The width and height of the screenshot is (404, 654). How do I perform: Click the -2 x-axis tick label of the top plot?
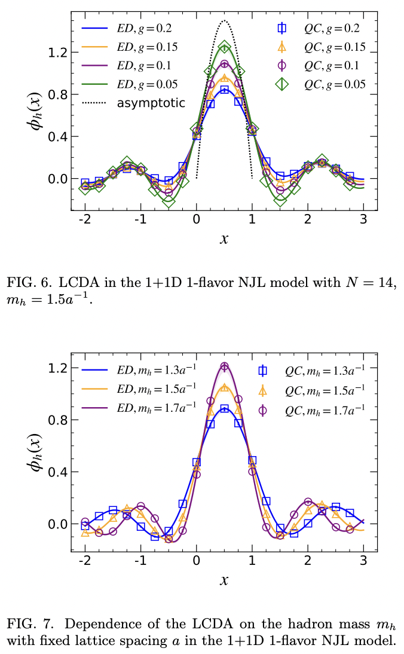click(x=84, y=218)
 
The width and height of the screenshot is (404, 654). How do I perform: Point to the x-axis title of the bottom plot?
click(x=224, y=579)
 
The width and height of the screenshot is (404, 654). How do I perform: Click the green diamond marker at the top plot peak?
click(x=224, y=47)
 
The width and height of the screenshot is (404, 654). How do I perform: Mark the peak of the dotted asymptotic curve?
click(x=224, y=21)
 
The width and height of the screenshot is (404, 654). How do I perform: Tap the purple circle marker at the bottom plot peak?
click(x=224, y=366)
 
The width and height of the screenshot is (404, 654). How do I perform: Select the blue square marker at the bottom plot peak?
click(x=224, y=409)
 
